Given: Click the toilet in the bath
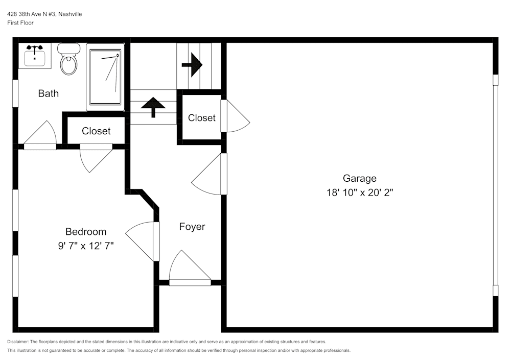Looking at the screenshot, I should [x=68, y=60].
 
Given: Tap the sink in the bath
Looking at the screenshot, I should [x=35, y=56].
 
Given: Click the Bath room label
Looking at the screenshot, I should [x=49, y=93].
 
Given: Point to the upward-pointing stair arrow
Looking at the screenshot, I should [x=153, y=107].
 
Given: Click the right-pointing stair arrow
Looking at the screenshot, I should [x=193, y=65].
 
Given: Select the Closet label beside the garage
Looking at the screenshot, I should [x=201, y=118].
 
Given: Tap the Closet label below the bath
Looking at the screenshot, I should [x=96, y=131].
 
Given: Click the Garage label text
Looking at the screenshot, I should [x=359, y=178].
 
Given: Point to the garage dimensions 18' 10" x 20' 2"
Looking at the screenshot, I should [x=359, y=193].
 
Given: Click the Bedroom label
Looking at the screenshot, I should [x=85, y=231].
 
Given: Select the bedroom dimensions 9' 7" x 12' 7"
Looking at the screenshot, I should [x=85, y=246].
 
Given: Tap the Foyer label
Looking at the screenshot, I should [x=192, y=227].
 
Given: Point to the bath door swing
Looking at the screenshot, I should [x=41, y=135].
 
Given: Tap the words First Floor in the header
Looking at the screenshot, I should [x=20, y=23].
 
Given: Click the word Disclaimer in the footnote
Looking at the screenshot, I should [x=18, y=342].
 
